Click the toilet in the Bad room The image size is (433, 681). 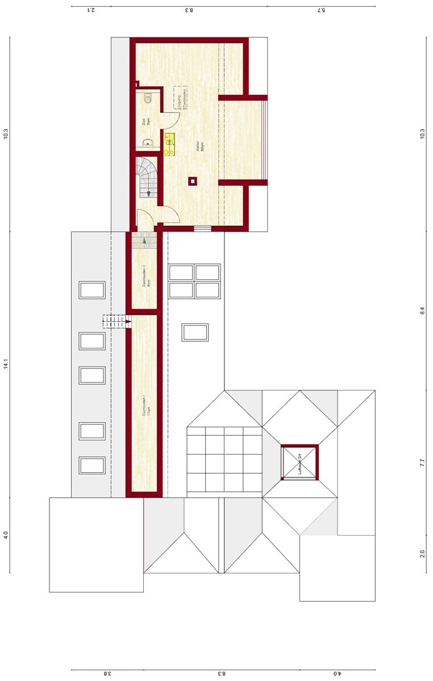pos(147,99)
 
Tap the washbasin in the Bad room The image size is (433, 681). pos(147,142)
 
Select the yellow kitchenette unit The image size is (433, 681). pos(169,144)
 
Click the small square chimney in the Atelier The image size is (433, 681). pos(193,181)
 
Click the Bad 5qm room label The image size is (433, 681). pos(145,121)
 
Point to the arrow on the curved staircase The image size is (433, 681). pos(148,193)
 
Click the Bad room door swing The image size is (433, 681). pos(171,118)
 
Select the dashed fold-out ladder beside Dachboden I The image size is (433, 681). pos(116,322)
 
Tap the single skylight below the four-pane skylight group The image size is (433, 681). pos(195,332)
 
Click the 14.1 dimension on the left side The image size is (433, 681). pos(6,363)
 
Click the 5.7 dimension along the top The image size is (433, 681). pos(321,10)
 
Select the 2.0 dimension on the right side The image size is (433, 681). pos(422,553)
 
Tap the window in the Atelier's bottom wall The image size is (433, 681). pos(202,229)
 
